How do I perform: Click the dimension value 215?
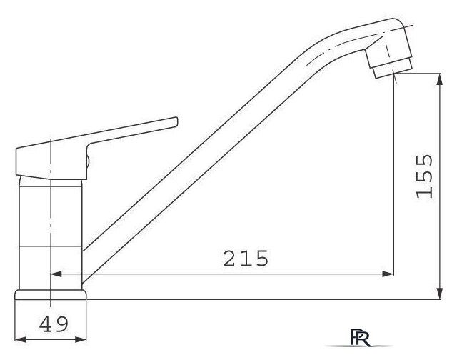click(x=246, y=259)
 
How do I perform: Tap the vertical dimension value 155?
click(x=424, y=176)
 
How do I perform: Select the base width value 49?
click(x=54, y=324)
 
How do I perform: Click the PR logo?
click(x=360, y=338)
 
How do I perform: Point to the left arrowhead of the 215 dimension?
click(x=56, y=274)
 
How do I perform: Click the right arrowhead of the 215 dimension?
click(x=388, y=274)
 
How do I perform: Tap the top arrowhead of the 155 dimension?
click(x=440, y=79)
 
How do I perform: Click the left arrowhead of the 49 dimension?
click(x=21, y=339)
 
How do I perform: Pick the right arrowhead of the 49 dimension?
click(x=81, y=339)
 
